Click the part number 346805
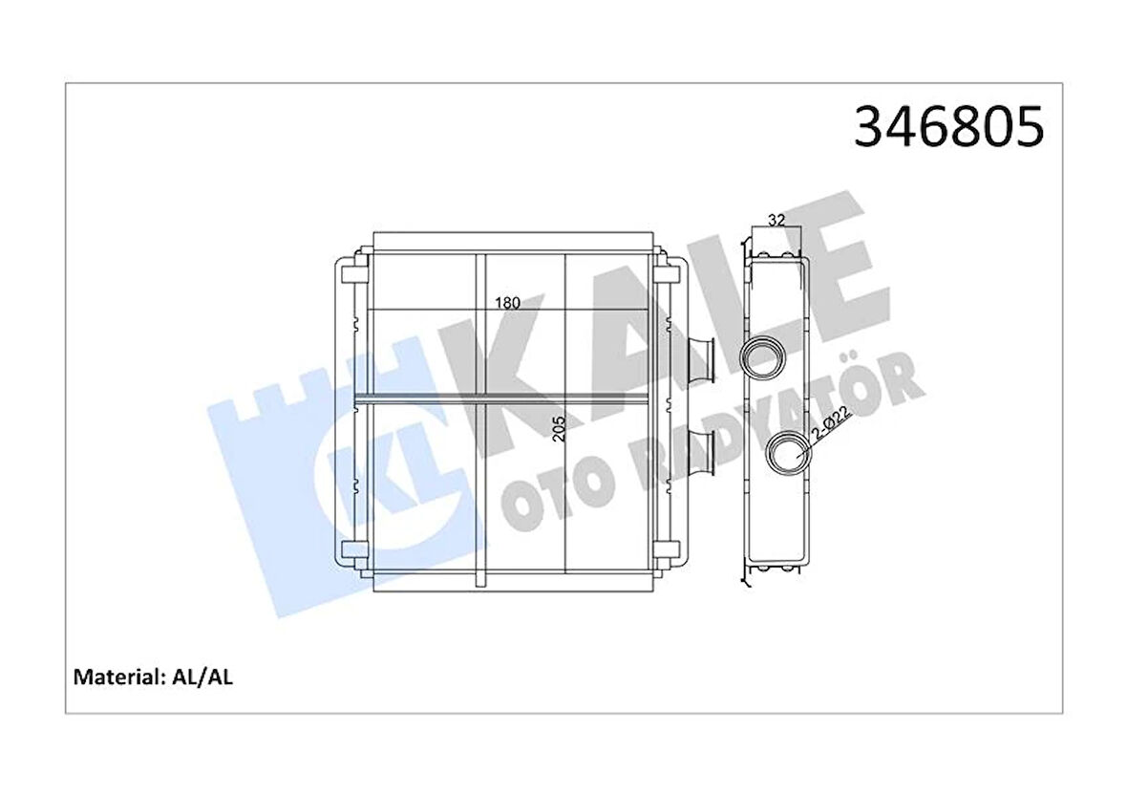point(948,129)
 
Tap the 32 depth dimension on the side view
point(776,220)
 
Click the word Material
point(116,678)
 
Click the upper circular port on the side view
point(762,359)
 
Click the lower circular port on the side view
point(790,451)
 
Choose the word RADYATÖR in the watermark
point(764,411)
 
